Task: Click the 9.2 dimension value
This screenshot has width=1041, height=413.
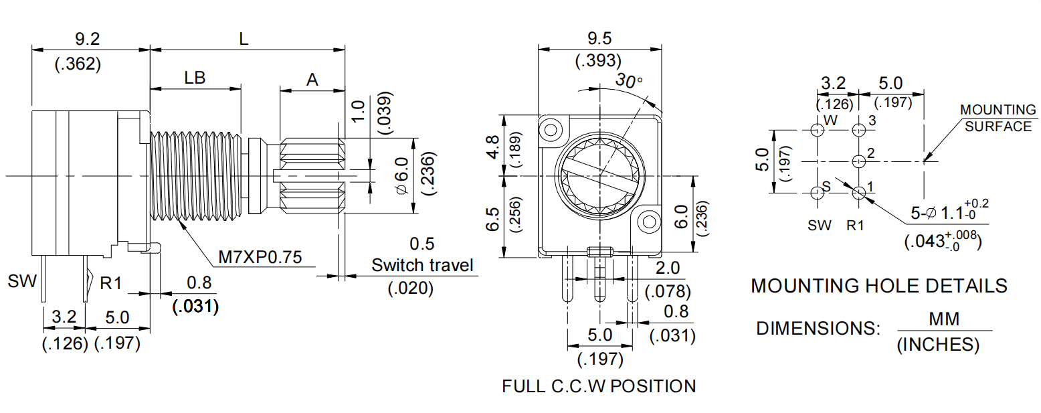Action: [x=88, y=39]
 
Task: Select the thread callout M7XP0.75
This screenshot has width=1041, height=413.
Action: [x=260, y=256]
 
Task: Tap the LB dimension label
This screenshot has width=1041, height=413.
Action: [x=195, y=78]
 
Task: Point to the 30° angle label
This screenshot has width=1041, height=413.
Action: [x=630, y=81]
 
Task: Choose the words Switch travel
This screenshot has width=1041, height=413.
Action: [x=422, y=265]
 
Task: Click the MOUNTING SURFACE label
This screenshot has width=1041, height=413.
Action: [x=998, y=118]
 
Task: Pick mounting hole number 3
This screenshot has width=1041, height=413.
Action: [x=860, y=130]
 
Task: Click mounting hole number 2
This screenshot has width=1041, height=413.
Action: [x=860, y=161]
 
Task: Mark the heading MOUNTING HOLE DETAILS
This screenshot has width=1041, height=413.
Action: [x=878, y=286]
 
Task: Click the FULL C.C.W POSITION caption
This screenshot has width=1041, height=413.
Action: [x=599, y=386]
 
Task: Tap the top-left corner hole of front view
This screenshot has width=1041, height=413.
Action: [x=552, y=128]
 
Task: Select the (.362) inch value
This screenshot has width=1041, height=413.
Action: [x=78, y=64]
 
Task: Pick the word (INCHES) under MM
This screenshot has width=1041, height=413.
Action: [x=937, y=345]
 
